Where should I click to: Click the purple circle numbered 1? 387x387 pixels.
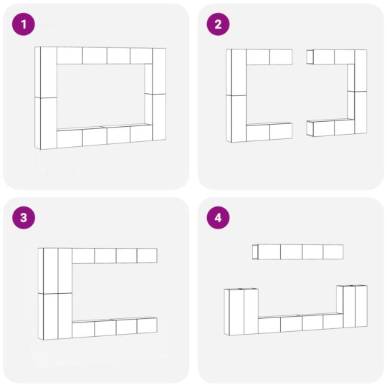[x=24, y=24]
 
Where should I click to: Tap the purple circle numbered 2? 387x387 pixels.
[x=218, y=24]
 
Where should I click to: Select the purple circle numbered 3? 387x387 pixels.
[x=24, y=218]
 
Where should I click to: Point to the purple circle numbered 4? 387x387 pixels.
[x=218, y=218]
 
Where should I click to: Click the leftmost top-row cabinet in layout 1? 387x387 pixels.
[x=70, y=56]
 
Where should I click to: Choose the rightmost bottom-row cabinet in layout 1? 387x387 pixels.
[x=141, y=133]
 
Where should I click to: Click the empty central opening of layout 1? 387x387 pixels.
[x=101, y=96]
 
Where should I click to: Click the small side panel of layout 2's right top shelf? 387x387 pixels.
[x=310, y=57]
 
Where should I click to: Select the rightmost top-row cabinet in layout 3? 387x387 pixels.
[x=147, y=255]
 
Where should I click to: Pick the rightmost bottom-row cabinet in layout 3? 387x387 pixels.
[x=147, y=326]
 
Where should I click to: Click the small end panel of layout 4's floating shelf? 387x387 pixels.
[x=255, y=252]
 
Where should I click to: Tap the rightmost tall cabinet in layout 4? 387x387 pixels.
[x=361, y=306]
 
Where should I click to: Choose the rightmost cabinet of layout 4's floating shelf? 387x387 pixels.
[x=333, y=252]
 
